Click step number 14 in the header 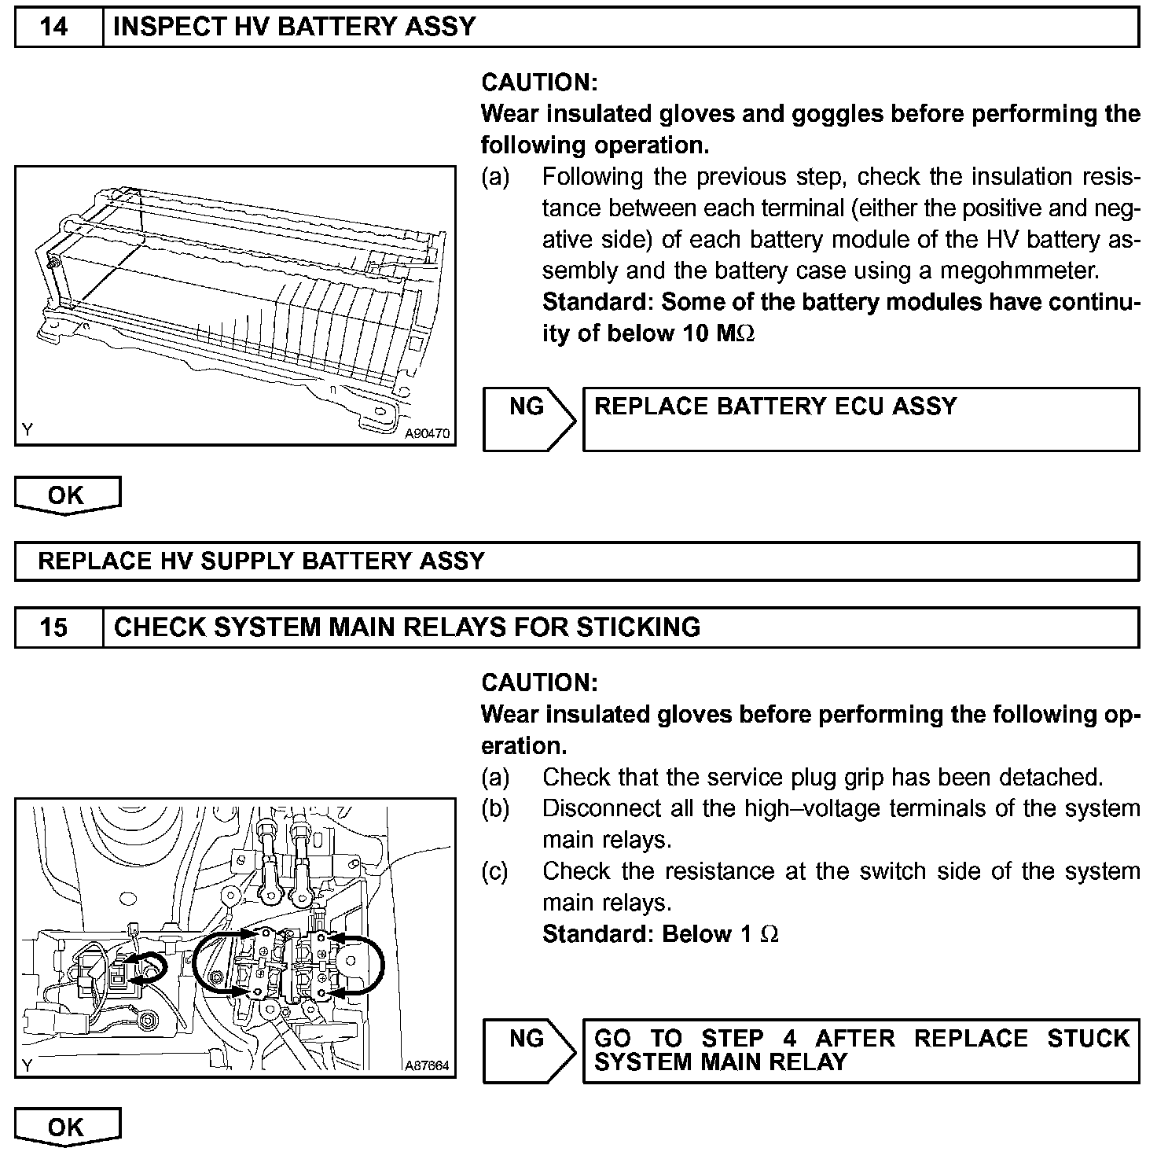tap(54, 28)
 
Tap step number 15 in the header tap(54, 627)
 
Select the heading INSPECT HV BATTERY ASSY tap(295, 28)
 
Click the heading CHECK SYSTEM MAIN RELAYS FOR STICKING tap(407, 627)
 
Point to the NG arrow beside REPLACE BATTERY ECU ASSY tap(529, 418)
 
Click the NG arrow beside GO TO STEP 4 tap(529, 1050)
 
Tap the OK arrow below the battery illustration tap(67, 495)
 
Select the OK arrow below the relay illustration tap(67, 1127)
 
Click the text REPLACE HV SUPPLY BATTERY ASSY tap(261, 561)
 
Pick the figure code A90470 tap(428, 433)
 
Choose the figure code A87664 tap(427, 1065)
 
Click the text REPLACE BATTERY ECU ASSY tap(775, 407)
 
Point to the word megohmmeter tap(1019, 271)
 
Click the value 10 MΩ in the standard tap(715, 333)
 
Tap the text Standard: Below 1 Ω tap(660, 934)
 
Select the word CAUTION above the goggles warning tap(539, 83)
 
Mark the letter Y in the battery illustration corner tap(28, 429)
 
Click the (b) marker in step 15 tap(496, 808)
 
